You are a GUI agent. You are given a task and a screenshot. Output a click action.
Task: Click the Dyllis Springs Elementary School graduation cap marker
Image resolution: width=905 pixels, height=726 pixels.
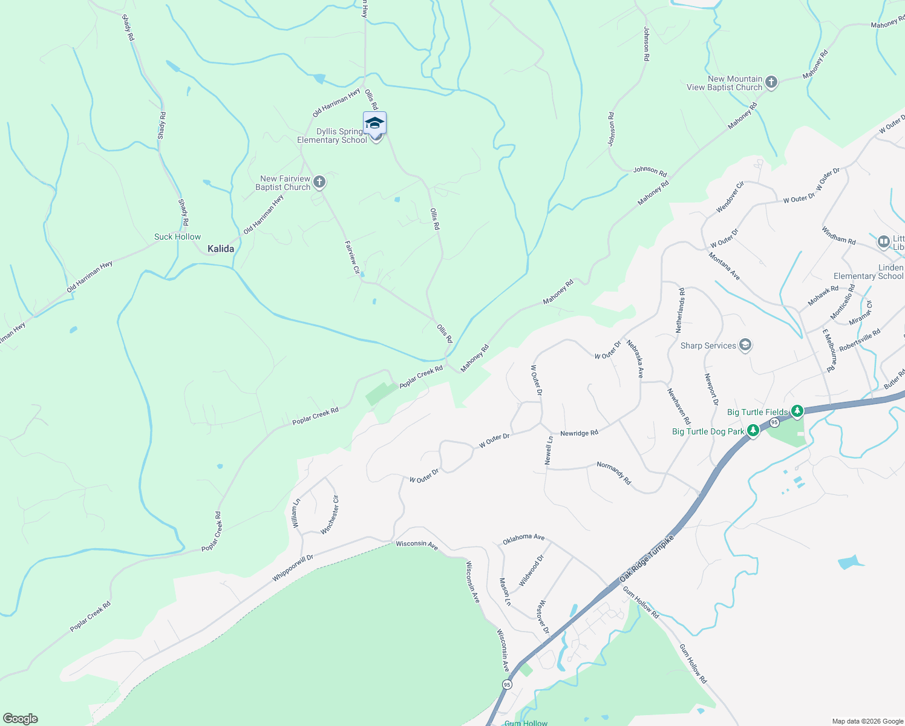374,123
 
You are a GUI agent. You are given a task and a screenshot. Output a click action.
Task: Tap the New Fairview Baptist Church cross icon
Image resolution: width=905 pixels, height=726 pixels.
319,182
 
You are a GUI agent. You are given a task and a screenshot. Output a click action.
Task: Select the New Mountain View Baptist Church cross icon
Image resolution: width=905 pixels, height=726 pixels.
771,82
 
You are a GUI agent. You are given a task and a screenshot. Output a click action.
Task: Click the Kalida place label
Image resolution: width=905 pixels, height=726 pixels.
221,249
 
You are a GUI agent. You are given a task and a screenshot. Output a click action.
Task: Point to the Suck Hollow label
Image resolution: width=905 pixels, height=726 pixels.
177,237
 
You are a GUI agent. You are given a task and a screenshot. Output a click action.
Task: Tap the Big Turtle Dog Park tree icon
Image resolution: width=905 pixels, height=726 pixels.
753,431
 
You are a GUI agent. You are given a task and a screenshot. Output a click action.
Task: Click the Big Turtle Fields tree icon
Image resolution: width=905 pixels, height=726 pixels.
797,412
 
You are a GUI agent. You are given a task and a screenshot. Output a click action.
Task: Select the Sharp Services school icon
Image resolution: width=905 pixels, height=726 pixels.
745,345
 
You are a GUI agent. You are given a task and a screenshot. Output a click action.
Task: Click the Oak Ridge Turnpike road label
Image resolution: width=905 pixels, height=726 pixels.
647,558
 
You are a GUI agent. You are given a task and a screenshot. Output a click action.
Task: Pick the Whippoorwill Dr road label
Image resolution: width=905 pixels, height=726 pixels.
293,568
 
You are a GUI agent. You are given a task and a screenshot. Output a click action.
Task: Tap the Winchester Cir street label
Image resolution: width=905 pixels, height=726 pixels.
330,515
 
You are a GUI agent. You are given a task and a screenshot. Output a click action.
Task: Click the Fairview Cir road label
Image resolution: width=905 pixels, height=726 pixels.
352,257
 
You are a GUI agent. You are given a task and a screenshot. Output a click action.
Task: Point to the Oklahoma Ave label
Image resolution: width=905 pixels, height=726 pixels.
524,537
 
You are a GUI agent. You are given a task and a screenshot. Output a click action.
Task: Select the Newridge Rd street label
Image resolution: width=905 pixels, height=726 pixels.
579,433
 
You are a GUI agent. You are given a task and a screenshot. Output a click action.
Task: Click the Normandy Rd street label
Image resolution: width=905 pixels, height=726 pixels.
614,473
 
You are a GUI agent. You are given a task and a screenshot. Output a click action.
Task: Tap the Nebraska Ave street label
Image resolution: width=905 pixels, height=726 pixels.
635,359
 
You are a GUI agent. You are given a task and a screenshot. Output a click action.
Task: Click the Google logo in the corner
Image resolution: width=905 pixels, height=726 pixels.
20,719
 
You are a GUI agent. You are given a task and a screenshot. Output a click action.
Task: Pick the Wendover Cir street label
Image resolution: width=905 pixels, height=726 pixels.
730,197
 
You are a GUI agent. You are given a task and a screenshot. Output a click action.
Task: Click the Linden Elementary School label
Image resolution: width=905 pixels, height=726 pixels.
869,272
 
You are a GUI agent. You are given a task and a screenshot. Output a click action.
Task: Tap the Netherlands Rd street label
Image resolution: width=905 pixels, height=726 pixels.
680,310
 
